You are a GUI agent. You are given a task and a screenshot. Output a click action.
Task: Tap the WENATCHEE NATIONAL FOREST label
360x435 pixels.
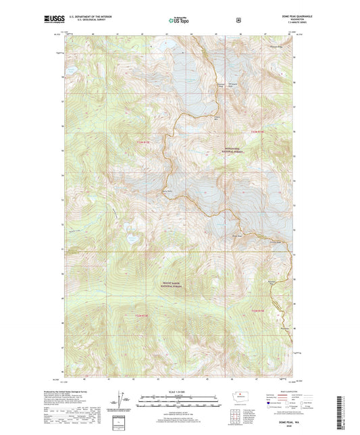point(231,152)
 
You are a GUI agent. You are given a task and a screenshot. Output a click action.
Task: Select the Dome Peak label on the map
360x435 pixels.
point(236,236)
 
